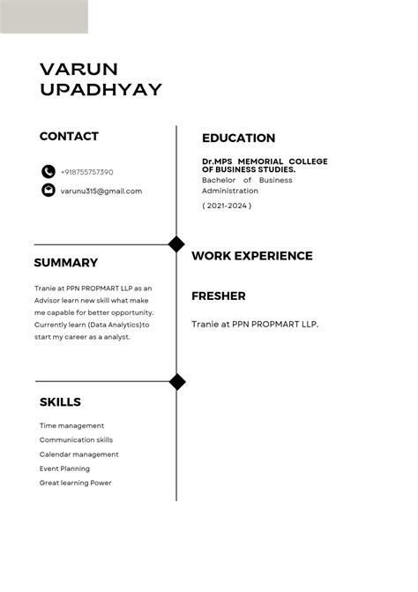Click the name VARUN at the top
(79, 69)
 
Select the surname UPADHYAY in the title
(101, 89)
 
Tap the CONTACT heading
(69, 137)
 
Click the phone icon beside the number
(49, 172)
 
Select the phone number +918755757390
(86, 172)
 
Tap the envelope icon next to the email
(49, 191)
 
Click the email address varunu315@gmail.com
(101, 191)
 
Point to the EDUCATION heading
(238, 139)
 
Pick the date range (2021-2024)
(227, 206)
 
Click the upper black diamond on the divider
(176, 244)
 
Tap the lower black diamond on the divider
(177, 382)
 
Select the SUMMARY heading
(65, 263)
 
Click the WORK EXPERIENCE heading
(251, 256)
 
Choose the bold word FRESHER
(218, 296)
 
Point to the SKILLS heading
(60, 402)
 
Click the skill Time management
(71, 426)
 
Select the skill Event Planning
(64, 468)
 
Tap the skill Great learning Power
(75, 483)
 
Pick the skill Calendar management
(78, 454)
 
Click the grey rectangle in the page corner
(43, 17)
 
